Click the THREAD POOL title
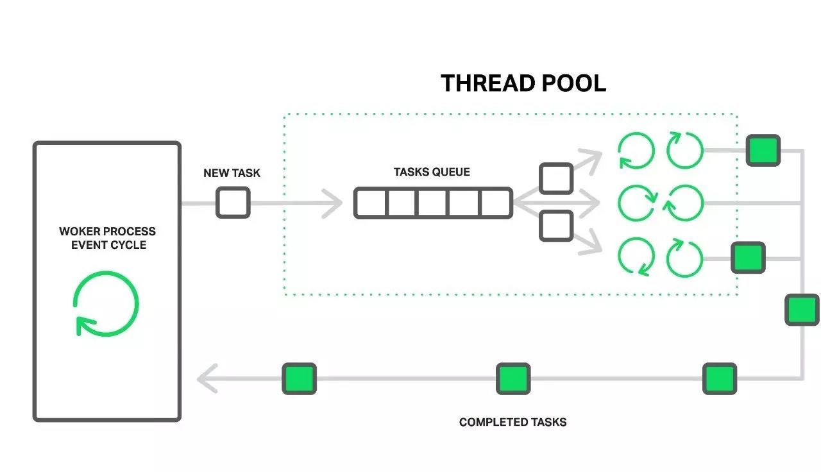tap(523, 83)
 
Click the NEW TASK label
tap(232, 173)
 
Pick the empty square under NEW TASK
tap(232, 203)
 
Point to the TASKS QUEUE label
tap(432, 172)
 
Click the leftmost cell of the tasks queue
tap(371, 203)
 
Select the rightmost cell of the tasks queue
tap(495, 203)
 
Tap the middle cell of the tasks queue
tap(433, 203)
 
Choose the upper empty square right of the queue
tap(555, 178)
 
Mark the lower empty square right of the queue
tap(555, 226)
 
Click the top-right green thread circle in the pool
tap(684, 151)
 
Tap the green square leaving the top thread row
tap(763, 151)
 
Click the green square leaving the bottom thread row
tap(748, 258)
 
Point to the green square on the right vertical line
tap(802, 310)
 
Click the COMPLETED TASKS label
tap(512, 422)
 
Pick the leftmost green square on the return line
tap(300, 378)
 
